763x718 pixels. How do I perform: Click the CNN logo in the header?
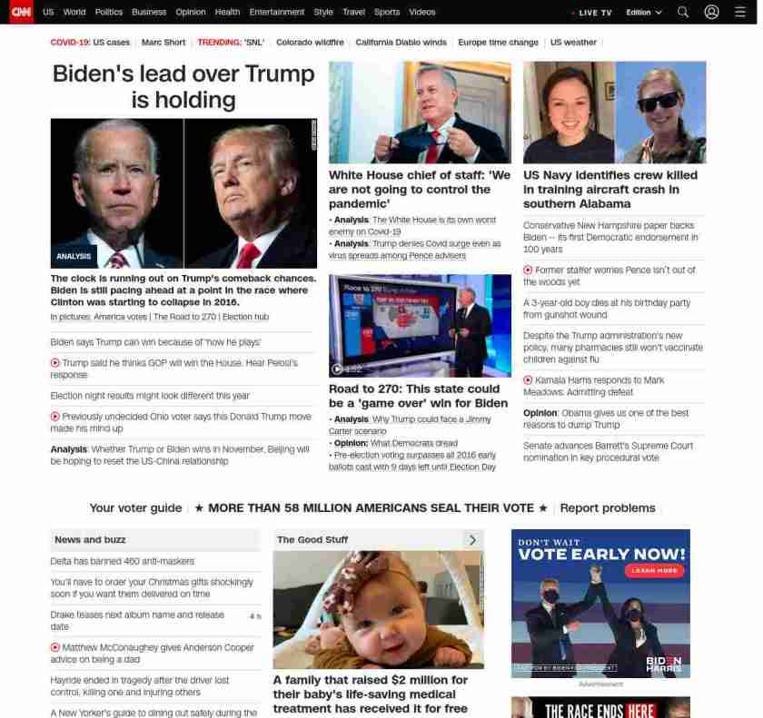pyautogui.click(x=20, y=12)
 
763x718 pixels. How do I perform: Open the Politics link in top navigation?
pyautogui.click(x=109, y=12)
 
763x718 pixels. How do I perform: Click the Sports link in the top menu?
pyautogui.click(x=387, y=12)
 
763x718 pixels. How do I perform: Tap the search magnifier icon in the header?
pyautogui.click(x=683, y=12)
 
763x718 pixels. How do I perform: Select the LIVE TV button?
pyautogui.click(x=593, y=13)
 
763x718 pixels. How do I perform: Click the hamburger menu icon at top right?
pyautogui.click(x=739, y=12)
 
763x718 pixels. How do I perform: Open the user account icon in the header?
pyautogui.click(x=711, y=12)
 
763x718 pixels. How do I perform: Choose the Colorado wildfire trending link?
pyautogui.click(x=310, y=43)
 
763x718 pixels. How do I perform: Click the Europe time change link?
pyautogui.click(x=498, y=43)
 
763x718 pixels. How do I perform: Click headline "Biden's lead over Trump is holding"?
pyautogui.click(x=183, y=86)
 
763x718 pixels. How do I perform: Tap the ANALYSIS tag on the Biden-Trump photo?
pyautogui.click(x=74, y=256)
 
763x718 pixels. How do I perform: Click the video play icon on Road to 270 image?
pyautogui.click(x=338, y=369)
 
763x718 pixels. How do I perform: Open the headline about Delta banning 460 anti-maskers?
pyautogui.click(x=122, y=561)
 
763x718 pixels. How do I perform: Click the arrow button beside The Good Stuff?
pyautogui.click(x=472, y=539)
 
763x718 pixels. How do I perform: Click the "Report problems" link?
pyautogui.click(x=607, y=508)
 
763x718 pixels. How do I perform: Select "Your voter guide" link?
pyautogui.click(x=135, y=508)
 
